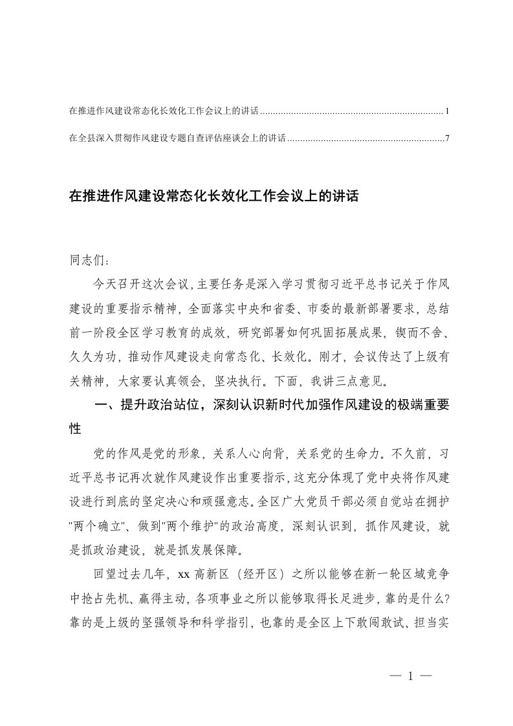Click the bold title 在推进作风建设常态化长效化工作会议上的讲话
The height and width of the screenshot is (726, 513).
[x=213, y=196]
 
